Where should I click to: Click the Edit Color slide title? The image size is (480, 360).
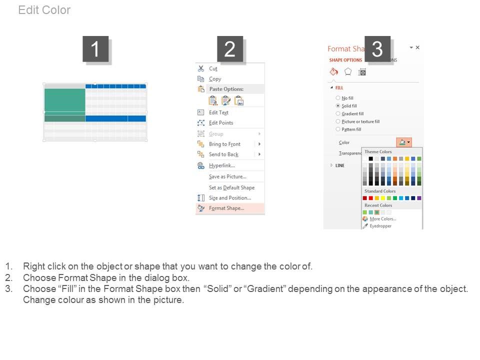44,10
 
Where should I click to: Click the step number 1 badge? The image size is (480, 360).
95,49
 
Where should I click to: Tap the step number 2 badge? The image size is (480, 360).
230,49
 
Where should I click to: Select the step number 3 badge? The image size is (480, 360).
377,49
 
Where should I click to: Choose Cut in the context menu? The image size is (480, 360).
213,68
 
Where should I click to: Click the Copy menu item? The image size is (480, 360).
215,79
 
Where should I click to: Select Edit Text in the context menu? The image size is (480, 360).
218,112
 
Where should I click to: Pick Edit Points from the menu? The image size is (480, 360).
220,123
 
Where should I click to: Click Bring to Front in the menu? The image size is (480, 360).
224,144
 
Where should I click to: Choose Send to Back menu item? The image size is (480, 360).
223,154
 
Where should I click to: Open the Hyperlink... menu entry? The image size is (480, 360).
221,165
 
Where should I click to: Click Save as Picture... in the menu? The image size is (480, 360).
227,176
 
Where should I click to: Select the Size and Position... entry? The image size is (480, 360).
229,198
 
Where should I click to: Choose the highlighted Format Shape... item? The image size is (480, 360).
226,208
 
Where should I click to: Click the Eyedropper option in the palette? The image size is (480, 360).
380,226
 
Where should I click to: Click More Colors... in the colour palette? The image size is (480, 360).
382,219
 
